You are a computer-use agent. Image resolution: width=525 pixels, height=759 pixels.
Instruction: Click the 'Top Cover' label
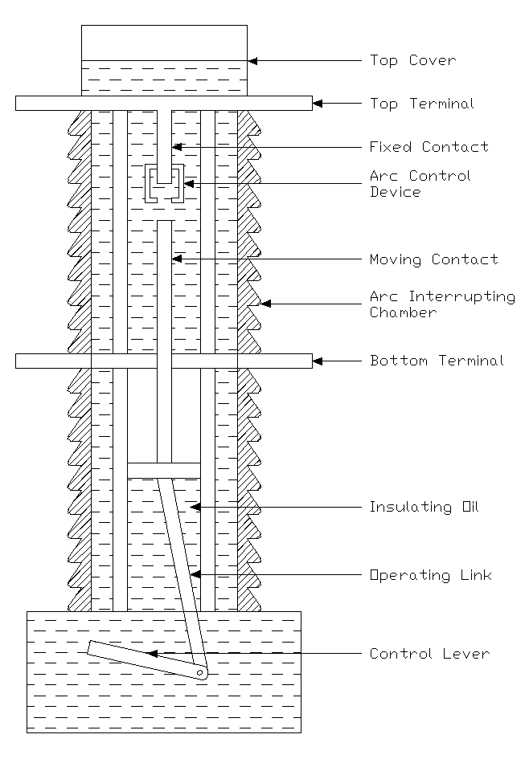pyautogui.click(x=412, y=60)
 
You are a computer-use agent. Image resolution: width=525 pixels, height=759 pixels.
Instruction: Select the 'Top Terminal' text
pyautogui.click(x=421, y=104)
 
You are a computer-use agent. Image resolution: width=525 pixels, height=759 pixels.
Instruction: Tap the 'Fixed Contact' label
pyautogui.click(x=429, y=147)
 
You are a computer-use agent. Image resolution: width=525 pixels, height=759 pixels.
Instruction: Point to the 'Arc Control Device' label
pyautogui.click(x=420, y=184)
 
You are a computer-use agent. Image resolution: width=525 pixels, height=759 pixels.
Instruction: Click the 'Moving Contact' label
pyautogui.click(x=433, y=259)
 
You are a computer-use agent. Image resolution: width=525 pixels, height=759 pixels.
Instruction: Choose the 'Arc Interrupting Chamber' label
pyautogui.click(x=441, y=304)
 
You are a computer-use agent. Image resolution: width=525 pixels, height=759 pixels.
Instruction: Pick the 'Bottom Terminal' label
pyautogui.click(x=437, y=361)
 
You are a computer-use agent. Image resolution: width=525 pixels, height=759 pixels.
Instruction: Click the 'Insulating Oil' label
pyautogui.click(x=424, y=507)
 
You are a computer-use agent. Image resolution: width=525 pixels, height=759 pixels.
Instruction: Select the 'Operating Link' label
pyautogui.click(x=430, y=575)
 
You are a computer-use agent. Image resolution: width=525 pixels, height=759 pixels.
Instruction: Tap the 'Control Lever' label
pyautogui.click(x=429, y=654)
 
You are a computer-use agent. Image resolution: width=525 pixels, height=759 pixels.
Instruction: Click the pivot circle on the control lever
pyautogui.click(x=199, y=672)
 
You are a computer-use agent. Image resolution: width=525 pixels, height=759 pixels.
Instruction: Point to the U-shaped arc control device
pyautogui.click(x=164, y=183)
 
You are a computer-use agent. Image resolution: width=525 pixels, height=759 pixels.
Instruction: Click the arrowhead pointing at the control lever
pyautogui.click(x=150, y=654)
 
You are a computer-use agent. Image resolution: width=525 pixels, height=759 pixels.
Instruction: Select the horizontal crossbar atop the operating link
pyautogui.click(x=163, y=470)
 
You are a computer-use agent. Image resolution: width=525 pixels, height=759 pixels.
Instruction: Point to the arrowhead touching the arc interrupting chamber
pyautogui.click(x=266, y=304)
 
